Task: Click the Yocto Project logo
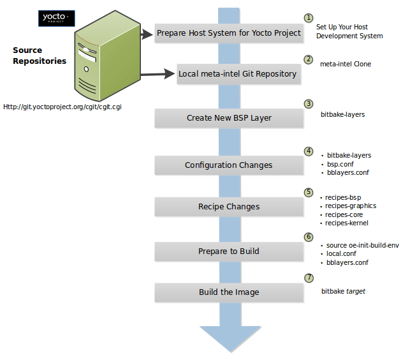(x=57, y=19)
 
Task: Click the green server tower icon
(x=107, y=57)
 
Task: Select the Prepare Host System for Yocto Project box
(x=228, y=33)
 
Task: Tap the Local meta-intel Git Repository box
(x=237, y=73)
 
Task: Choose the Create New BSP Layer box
(x=228, y=118)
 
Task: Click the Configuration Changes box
(x=228, y=165)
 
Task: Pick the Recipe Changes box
(x=228, y=207)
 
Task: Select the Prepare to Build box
(x=228, y=251)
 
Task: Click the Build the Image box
(x=228, y=292)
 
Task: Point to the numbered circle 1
(x=309, y=18)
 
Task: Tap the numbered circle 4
(x=309, y=151)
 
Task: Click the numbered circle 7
(x=309, y=278)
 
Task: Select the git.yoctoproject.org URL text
(x=62, y=107)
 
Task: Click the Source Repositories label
(x=40, y=56)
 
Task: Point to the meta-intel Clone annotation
(x=345, y=64)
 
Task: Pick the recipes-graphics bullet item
(x=350, y=206)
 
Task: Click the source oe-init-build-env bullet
(x=362, y=245)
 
